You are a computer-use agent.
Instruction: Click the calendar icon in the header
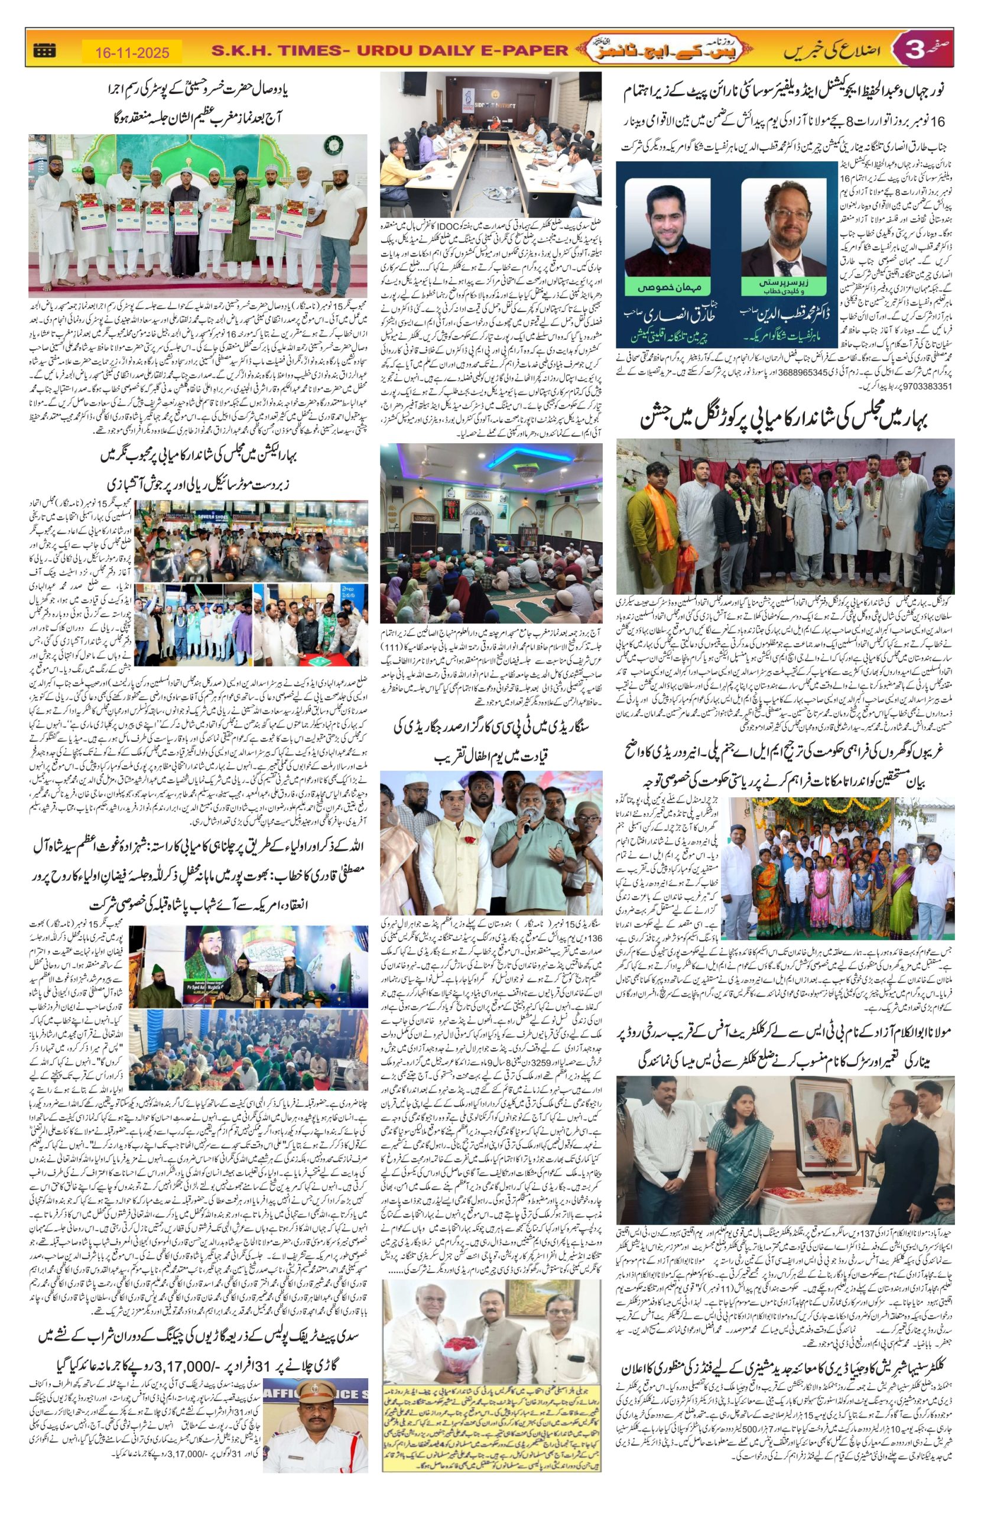coord(44,50)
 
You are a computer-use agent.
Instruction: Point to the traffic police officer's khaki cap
coord(312,1381)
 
